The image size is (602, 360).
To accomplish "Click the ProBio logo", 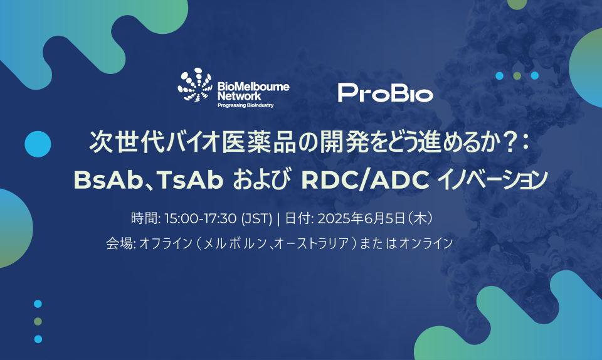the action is point(385,93).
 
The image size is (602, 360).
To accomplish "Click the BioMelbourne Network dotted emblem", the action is point(195,85).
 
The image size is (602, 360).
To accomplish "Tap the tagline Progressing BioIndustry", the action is point(245,105).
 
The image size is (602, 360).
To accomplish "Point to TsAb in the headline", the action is point(189,179).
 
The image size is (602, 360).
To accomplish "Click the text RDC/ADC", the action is point(365,179).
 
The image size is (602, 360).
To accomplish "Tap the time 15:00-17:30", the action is point(200,218).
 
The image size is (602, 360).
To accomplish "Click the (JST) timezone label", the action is point(256,218).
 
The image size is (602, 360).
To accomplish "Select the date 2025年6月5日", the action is point(361,218).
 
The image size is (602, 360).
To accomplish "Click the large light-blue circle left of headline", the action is point(38,144).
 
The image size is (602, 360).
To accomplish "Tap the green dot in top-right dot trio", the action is point(517,76).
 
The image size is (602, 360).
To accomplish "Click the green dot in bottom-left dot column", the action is point(38,321).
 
